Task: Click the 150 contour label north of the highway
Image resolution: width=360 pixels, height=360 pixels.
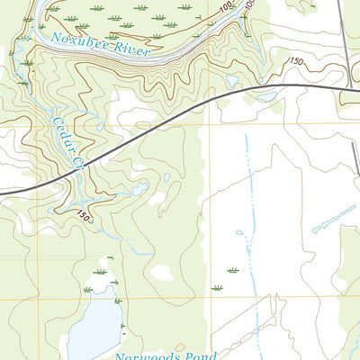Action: click(x=294, y=60)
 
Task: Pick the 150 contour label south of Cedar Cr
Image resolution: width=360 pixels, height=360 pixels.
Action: click(x=83, y=216)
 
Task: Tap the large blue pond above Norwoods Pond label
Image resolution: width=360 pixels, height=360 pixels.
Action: click(x=94, y=328)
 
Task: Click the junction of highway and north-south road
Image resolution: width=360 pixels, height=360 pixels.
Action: click(x=349, y=88)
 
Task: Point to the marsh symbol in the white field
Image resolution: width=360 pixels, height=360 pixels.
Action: click(x=233, y=269)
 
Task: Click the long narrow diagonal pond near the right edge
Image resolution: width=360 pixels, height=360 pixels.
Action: click(x=334, y=219)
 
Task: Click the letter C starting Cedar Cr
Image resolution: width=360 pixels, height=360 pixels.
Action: click(x=56, y=120)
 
